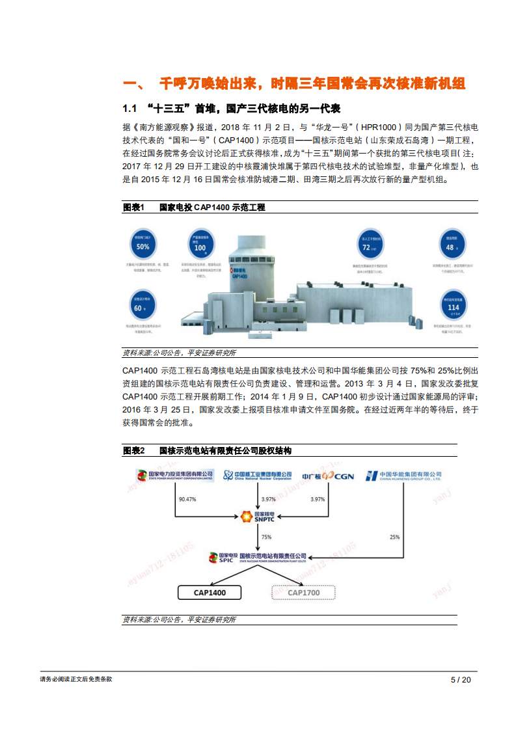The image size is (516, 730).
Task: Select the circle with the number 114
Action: (x=454, y=307)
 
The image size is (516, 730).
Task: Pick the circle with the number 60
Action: (x=138, y=307)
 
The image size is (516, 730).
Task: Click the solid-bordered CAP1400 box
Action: (x=210, y=593)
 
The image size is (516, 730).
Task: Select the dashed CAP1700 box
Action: (x=303, y=593)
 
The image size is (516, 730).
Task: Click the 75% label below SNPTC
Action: (x=266, y=537)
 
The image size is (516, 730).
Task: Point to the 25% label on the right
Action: (x=395, y=537)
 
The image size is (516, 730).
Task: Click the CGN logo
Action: (x=329, y=476)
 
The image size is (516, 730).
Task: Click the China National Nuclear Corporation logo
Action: (x=257, y=476)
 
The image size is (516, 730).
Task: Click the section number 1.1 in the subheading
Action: (x=130, y=107)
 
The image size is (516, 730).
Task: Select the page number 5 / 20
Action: (x=461, y=679)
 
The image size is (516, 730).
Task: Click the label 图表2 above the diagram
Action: (x=133, y=451)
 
